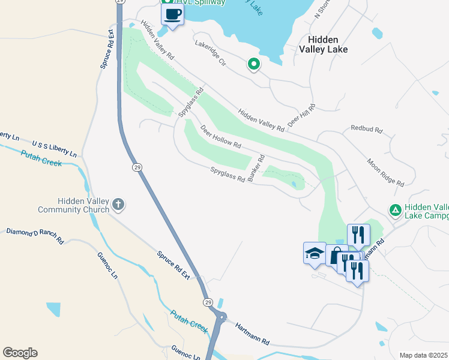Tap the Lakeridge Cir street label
tap(209, 53)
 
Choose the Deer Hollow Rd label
tap(220, 137)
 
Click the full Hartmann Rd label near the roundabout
tap(252, 334)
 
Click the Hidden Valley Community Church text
tap(73, 205)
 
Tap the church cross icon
tap(118, 205)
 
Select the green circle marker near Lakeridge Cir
tap(254, 64)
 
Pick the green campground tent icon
tap(395, 210)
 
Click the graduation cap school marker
tap(315, 253)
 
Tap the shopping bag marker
tap(336, 256)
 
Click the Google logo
tap(20, 353)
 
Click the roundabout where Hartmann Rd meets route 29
tap(221, 317)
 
